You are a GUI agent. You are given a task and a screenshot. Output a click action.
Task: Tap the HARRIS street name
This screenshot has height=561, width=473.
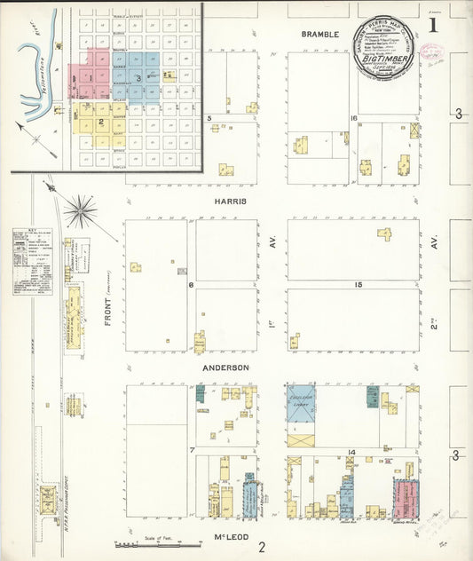pyautogui.click(x=230, y=201)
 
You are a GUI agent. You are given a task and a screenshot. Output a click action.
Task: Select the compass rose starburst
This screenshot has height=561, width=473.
pyautogui.click(x=82, y=210)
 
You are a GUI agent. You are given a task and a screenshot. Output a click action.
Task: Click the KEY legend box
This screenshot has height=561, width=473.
pyautogui.click(x=28, y=262)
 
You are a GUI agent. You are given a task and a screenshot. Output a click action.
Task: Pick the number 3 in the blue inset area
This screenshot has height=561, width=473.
pyautogui.click(x=139, y=77)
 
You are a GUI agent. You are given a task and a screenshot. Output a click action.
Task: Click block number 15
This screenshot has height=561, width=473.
pyautogui.click(x=359, y=284)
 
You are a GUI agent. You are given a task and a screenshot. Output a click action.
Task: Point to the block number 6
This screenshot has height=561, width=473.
pyautogui.click(x=191, y=284)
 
